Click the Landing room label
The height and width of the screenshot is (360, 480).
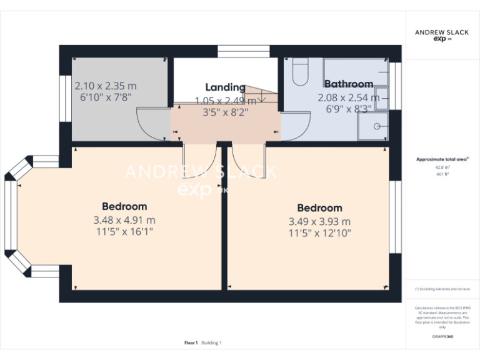tap(225, 87)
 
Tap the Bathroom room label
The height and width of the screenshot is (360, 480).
tap(348, 84)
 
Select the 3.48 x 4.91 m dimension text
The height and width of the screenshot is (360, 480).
tap(124, 220)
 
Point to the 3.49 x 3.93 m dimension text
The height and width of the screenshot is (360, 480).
tap(319, 221)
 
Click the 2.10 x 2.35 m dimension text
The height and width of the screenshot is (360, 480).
tap(106, 86)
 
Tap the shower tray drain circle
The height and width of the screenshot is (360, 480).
tap(377, 126)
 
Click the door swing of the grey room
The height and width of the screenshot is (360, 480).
tap(150, 122)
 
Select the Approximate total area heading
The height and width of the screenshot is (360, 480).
tap(442, 159)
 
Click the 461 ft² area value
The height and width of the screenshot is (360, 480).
tap(442, 174)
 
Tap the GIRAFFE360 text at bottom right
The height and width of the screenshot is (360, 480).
tap(442, 336)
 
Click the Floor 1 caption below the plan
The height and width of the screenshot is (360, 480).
tap(191, 342)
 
